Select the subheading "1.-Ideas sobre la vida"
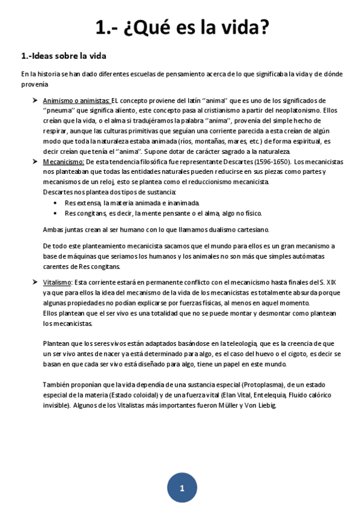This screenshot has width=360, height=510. tap(64, 56)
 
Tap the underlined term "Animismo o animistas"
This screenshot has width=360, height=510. tap(76, 100)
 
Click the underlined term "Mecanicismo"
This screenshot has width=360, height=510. tap(64, 162)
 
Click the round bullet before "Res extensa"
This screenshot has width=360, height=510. tap(55, 203)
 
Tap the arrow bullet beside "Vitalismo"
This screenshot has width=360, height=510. tap(35, 282)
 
